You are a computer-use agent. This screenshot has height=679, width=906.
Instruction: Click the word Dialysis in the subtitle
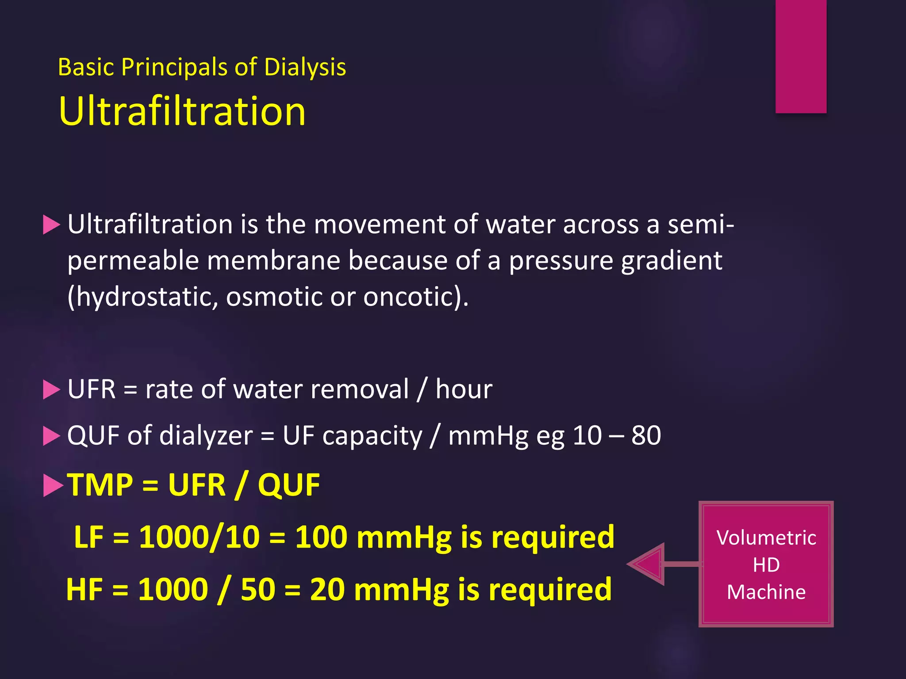tap(305, 68)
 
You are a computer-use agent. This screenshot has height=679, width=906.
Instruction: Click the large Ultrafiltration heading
tap(182, 111)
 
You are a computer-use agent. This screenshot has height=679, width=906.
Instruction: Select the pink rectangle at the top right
tap(801, 56)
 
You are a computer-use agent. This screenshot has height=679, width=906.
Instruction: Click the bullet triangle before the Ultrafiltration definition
tap(51, 225)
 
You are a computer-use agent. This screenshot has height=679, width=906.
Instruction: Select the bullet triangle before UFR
tap(51, 390)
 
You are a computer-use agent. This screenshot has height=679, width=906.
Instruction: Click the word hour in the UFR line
tap(464, 389)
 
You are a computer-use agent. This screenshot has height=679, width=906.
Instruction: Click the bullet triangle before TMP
tap(53, 485)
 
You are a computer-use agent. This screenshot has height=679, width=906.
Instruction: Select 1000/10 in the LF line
tap(199, 538)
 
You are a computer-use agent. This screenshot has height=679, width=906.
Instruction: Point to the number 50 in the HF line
tap(258, 590)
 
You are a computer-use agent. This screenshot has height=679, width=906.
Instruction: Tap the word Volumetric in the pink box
tap(766, 538)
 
